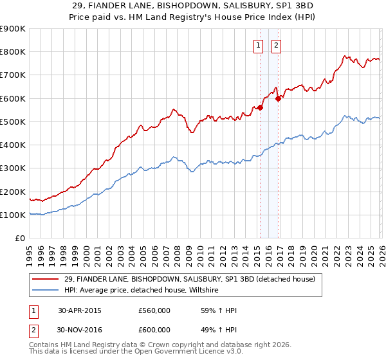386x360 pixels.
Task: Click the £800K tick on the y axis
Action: pyautogui.click(x=13, y=52)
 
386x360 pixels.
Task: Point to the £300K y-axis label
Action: pyautogui.click(x=13, y=168)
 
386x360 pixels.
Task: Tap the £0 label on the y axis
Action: pyautogui.click(x=20, y=239)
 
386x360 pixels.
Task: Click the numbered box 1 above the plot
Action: pyautogui.click(x=259, y=45)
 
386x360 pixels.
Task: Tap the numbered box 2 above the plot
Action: pyautogui.click(x=276, y=45)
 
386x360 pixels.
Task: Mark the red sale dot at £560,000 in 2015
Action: pyautogui.click(x=261, y=108)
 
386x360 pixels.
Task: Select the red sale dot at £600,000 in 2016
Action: pyautogui.click(x=279, y=98)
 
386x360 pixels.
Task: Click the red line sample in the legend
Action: pyautogui.click(x=45, y=279)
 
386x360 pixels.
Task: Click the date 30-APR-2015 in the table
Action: pyautogui.click(x=79, y=310)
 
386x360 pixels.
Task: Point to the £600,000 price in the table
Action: pyautogui.click(x=154, y=330)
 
